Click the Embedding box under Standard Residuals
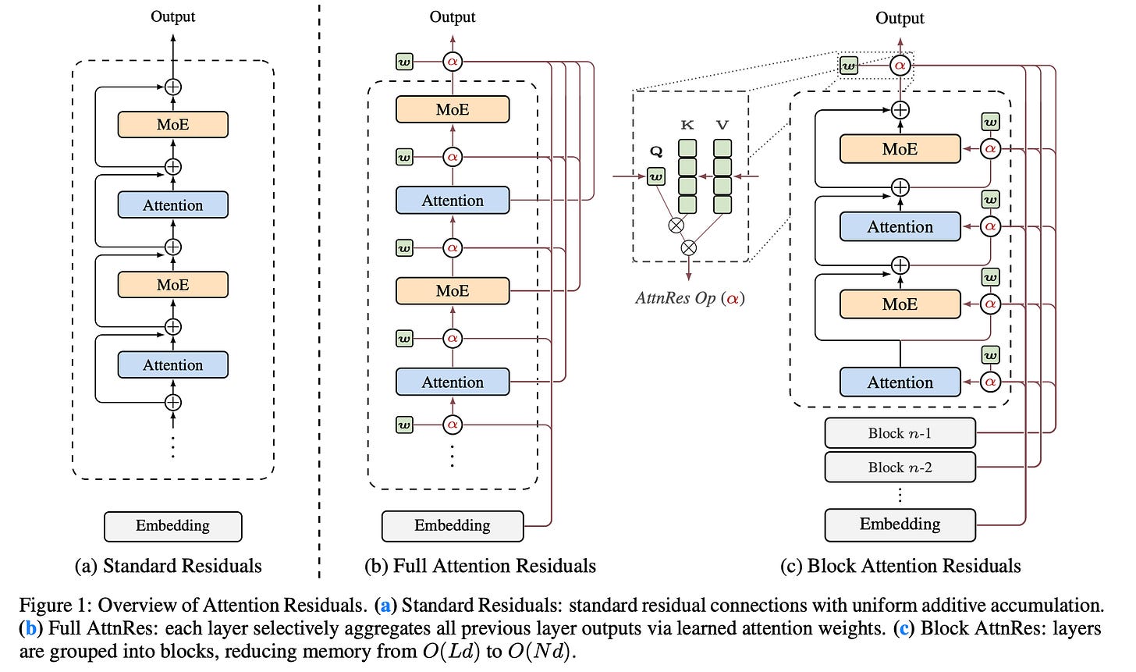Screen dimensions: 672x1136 (x=172, y=526)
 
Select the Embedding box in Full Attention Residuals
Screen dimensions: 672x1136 (x=452, y=526)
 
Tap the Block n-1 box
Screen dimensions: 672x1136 (x=900, y=433)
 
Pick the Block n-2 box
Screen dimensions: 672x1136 (x=900, y=468)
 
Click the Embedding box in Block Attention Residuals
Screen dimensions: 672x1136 (x=900, y=524)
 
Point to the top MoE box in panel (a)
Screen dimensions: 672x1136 (x=172, y=125)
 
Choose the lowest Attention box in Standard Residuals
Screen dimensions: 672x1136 (x=172, y=365)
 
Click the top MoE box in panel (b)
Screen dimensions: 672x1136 (x=452, y=109)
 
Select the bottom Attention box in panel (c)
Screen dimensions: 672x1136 (x=900, y=382)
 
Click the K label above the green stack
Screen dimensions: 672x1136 (x=687, y=125)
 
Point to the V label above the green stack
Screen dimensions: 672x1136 (x=722, y=125)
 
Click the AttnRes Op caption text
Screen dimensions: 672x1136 (x=689, y=298)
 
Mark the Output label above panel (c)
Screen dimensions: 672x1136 (x=900, y=18)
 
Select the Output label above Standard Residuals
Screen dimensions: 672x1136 (x=172, y=16)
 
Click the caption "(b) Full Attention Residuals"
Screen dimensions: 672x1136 (x=480, y=566)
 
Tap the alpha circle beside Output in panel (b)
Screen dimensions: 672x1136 (x=452, y=61)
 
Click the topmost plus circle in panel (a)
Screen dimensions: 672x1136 (x=172, y=87)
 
